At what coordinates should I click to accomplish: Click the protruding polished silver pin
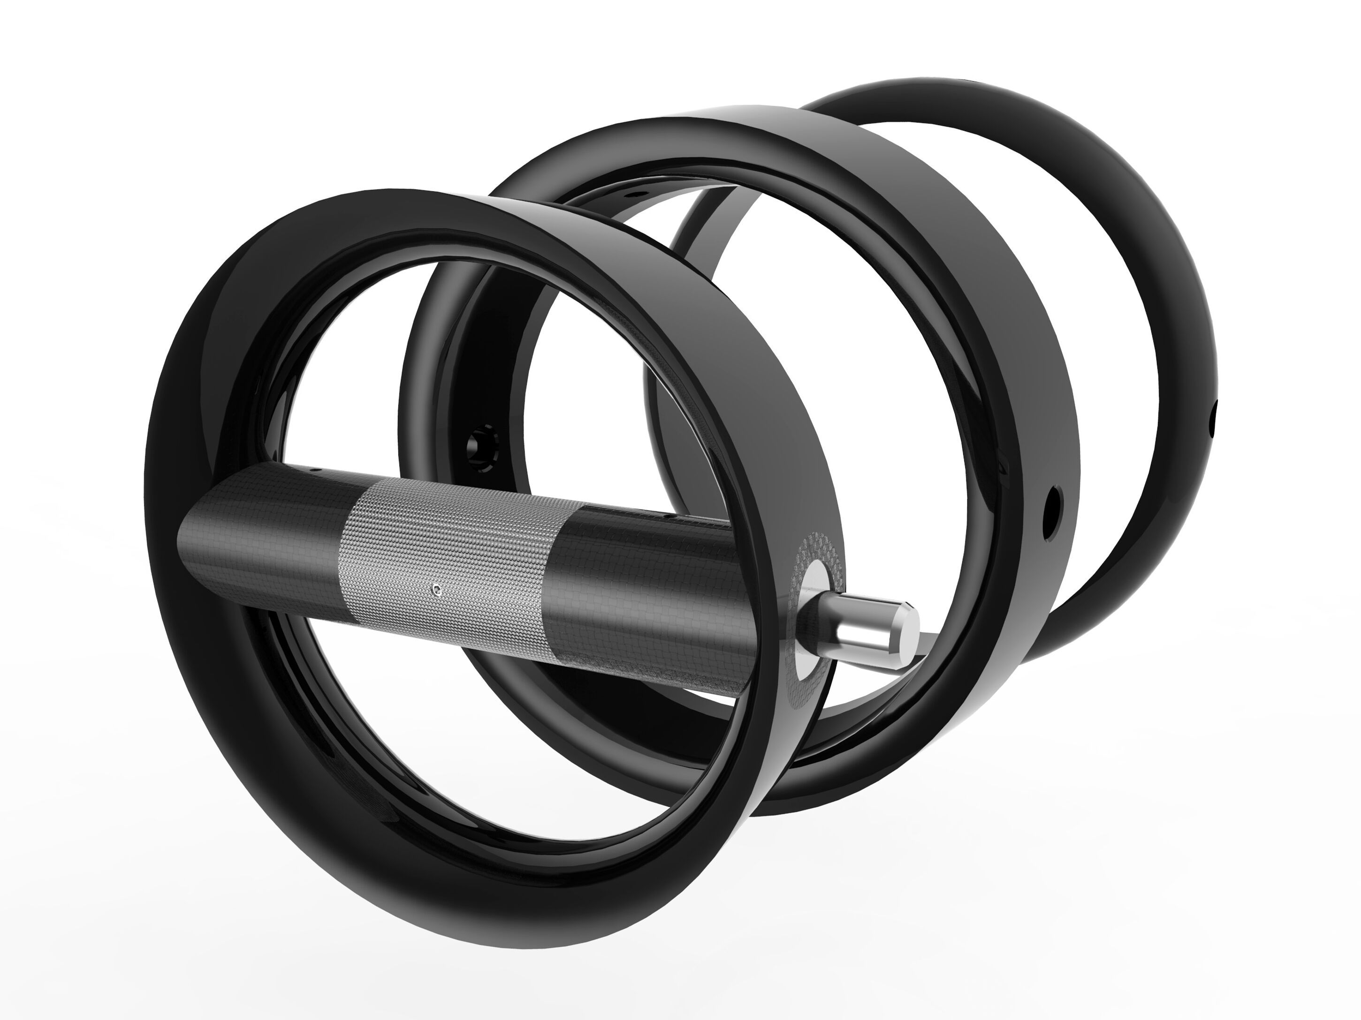pyautogui.click(x=861, y=627)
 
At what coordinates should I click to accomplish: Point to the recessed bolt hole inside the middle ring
pyautogui.click(x=480, y=442)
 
